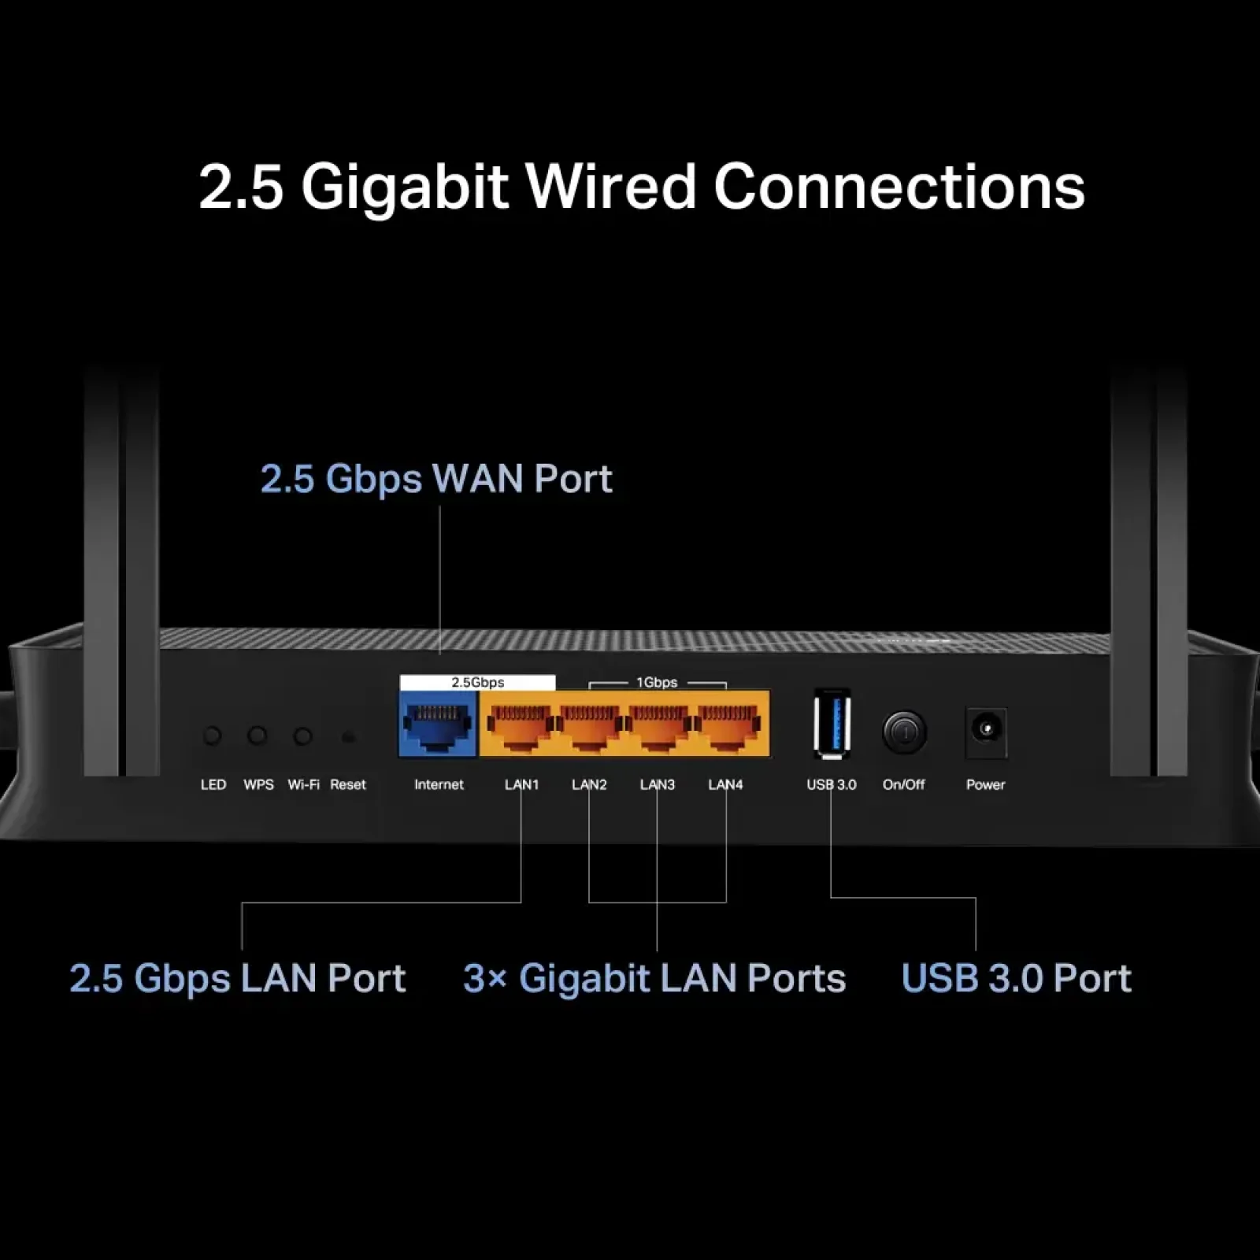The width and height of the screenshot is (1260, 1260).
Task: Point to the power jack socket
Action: (986, 729)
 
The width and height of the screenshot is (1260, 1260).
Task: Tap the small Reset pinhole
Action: (348, 737)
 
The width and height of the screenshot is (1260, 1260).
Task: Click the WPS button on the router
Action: (258, 736)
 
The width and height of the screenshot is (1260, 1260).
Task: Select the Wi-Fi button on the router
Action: (302, 736)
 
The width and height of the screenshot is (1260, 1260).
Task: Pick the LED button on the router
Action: (212, 736)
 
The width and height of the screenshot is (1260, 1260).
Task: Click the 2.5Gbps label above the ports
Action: (477, 682)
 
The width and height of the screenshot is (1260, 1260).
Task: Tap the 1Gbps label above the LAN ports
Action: (657, 682)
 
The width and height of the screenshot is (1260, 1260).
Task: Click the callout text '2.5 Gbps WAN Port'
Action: (436, 478)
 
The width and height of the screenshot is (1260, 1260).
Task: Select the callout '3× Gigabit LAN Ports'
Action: (654, 978)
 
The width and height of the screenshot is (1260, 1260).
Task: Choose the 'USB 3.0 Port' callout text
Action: (1016, 978)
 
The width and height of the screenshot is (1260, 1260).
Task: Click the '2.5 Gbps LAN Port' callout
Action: (238, 978)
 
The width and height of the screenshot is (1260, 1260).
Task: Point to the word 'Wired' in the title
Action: (611, 187)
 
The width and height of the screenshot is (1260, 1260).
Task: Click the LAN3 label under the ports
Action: (658, 784)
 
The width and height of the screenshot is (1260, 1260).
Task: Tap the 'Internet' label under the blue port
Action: (439, 784)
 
